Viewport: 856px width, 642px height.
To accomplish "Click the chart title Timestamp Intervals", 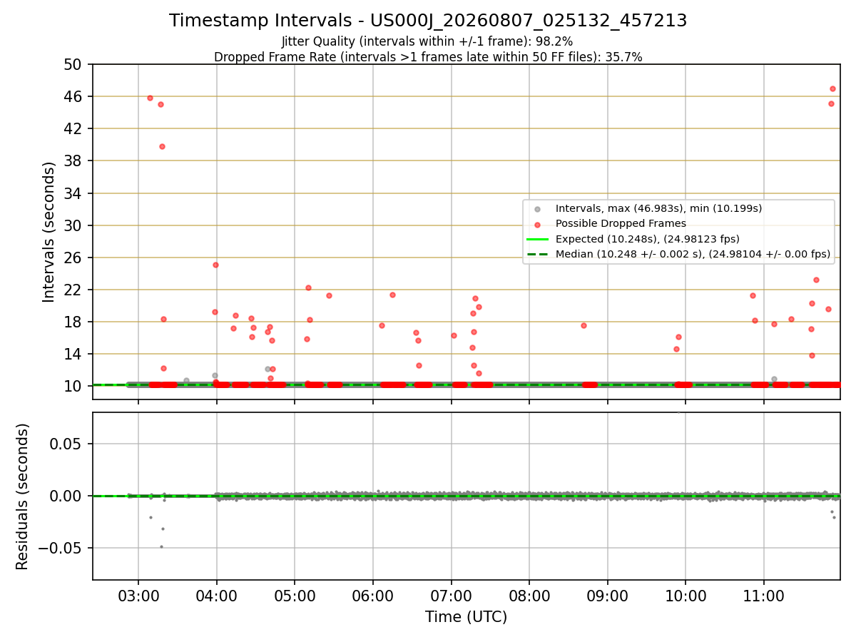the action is tap(260, 20).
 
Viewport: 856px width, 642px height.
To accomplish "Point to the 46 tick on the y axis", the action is tap(73, 96).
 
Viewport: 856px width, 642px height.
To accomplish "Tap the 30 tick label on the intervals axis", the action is tap(73, 225).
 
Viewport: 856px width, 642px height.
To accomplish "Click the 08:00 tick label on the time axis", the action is tap(529, 596).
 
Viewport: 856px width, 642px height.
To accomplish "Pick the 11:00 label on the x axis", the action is tap(763, 596).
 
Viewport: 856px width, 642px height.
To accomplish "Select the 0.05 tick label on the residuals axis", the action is tap(66, 444).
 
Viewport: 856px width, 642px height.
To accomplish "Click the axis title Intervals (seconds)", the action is tap(49, 232).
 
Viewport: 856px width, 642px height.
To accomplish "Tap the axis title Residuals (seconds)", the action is tap(22, 496).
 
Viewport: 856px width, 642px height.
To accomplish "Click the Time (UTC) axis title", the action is tap(466, 616).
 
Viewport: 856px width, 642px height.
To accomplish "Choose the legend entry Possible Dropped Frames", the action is tap(621, 223).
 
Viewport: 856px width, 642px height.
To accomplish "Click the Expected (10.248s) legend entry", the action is tap(648, 239).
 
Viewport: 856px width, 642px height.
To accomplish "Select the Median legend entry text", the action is tap(693, 254).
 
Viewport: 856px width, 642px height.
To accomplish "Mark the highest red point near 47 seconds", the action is tap(832, 89).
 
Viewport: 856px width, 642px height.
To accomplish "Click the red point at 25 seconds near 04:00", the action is tap(215, 265).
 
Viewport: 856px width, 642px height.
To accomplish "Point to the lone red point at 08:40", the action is tap(584, 325).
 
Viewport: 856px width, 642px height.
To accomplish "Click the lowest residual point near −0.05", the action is tap(161, 547).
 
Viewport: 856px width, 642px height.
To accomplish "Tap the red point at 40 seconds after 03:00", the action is tap(162, 146).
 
